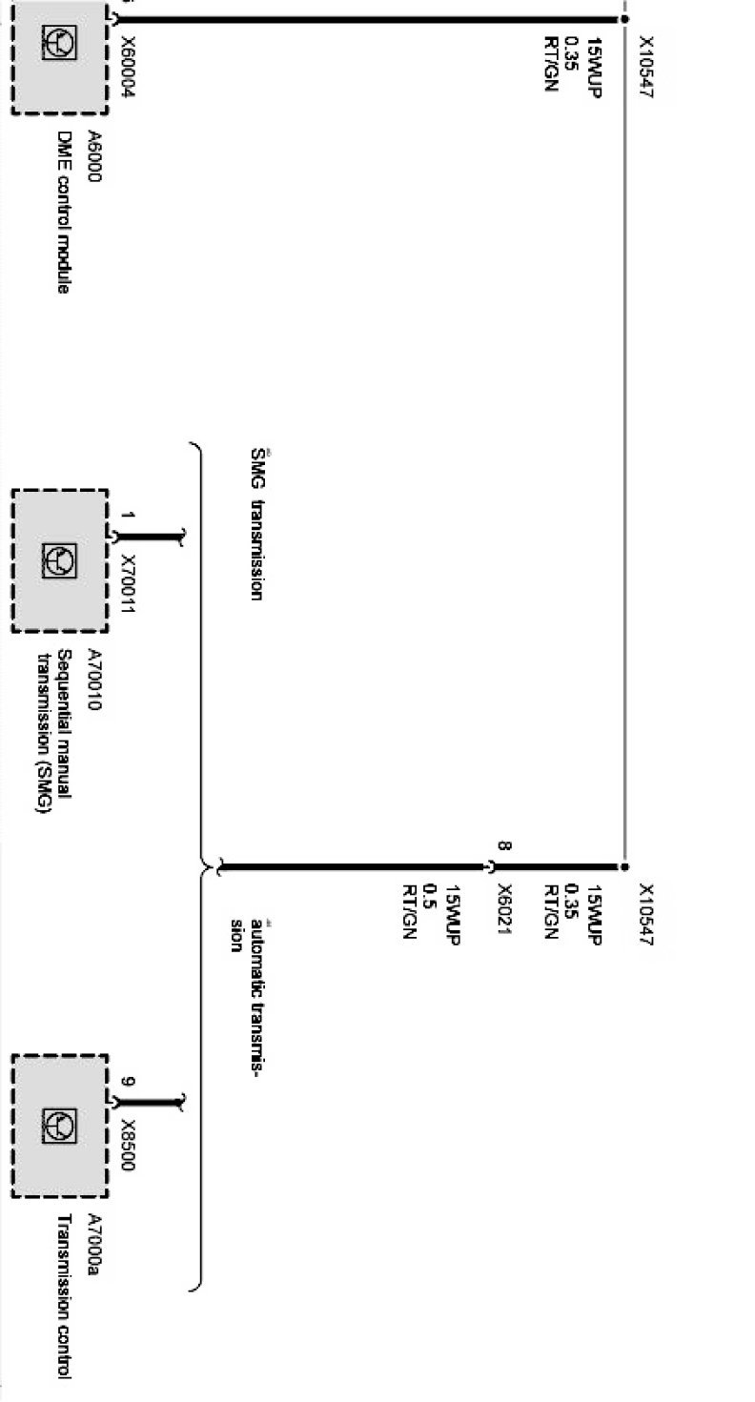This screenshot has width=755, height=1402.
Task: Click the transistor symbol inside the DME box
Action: tap(59, 42)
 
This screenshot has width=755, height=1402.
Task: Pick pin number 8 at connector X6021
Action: tap(504, 845)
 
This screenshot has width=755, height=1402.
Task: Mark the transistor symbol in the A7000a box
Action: tap(59, 1126)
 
